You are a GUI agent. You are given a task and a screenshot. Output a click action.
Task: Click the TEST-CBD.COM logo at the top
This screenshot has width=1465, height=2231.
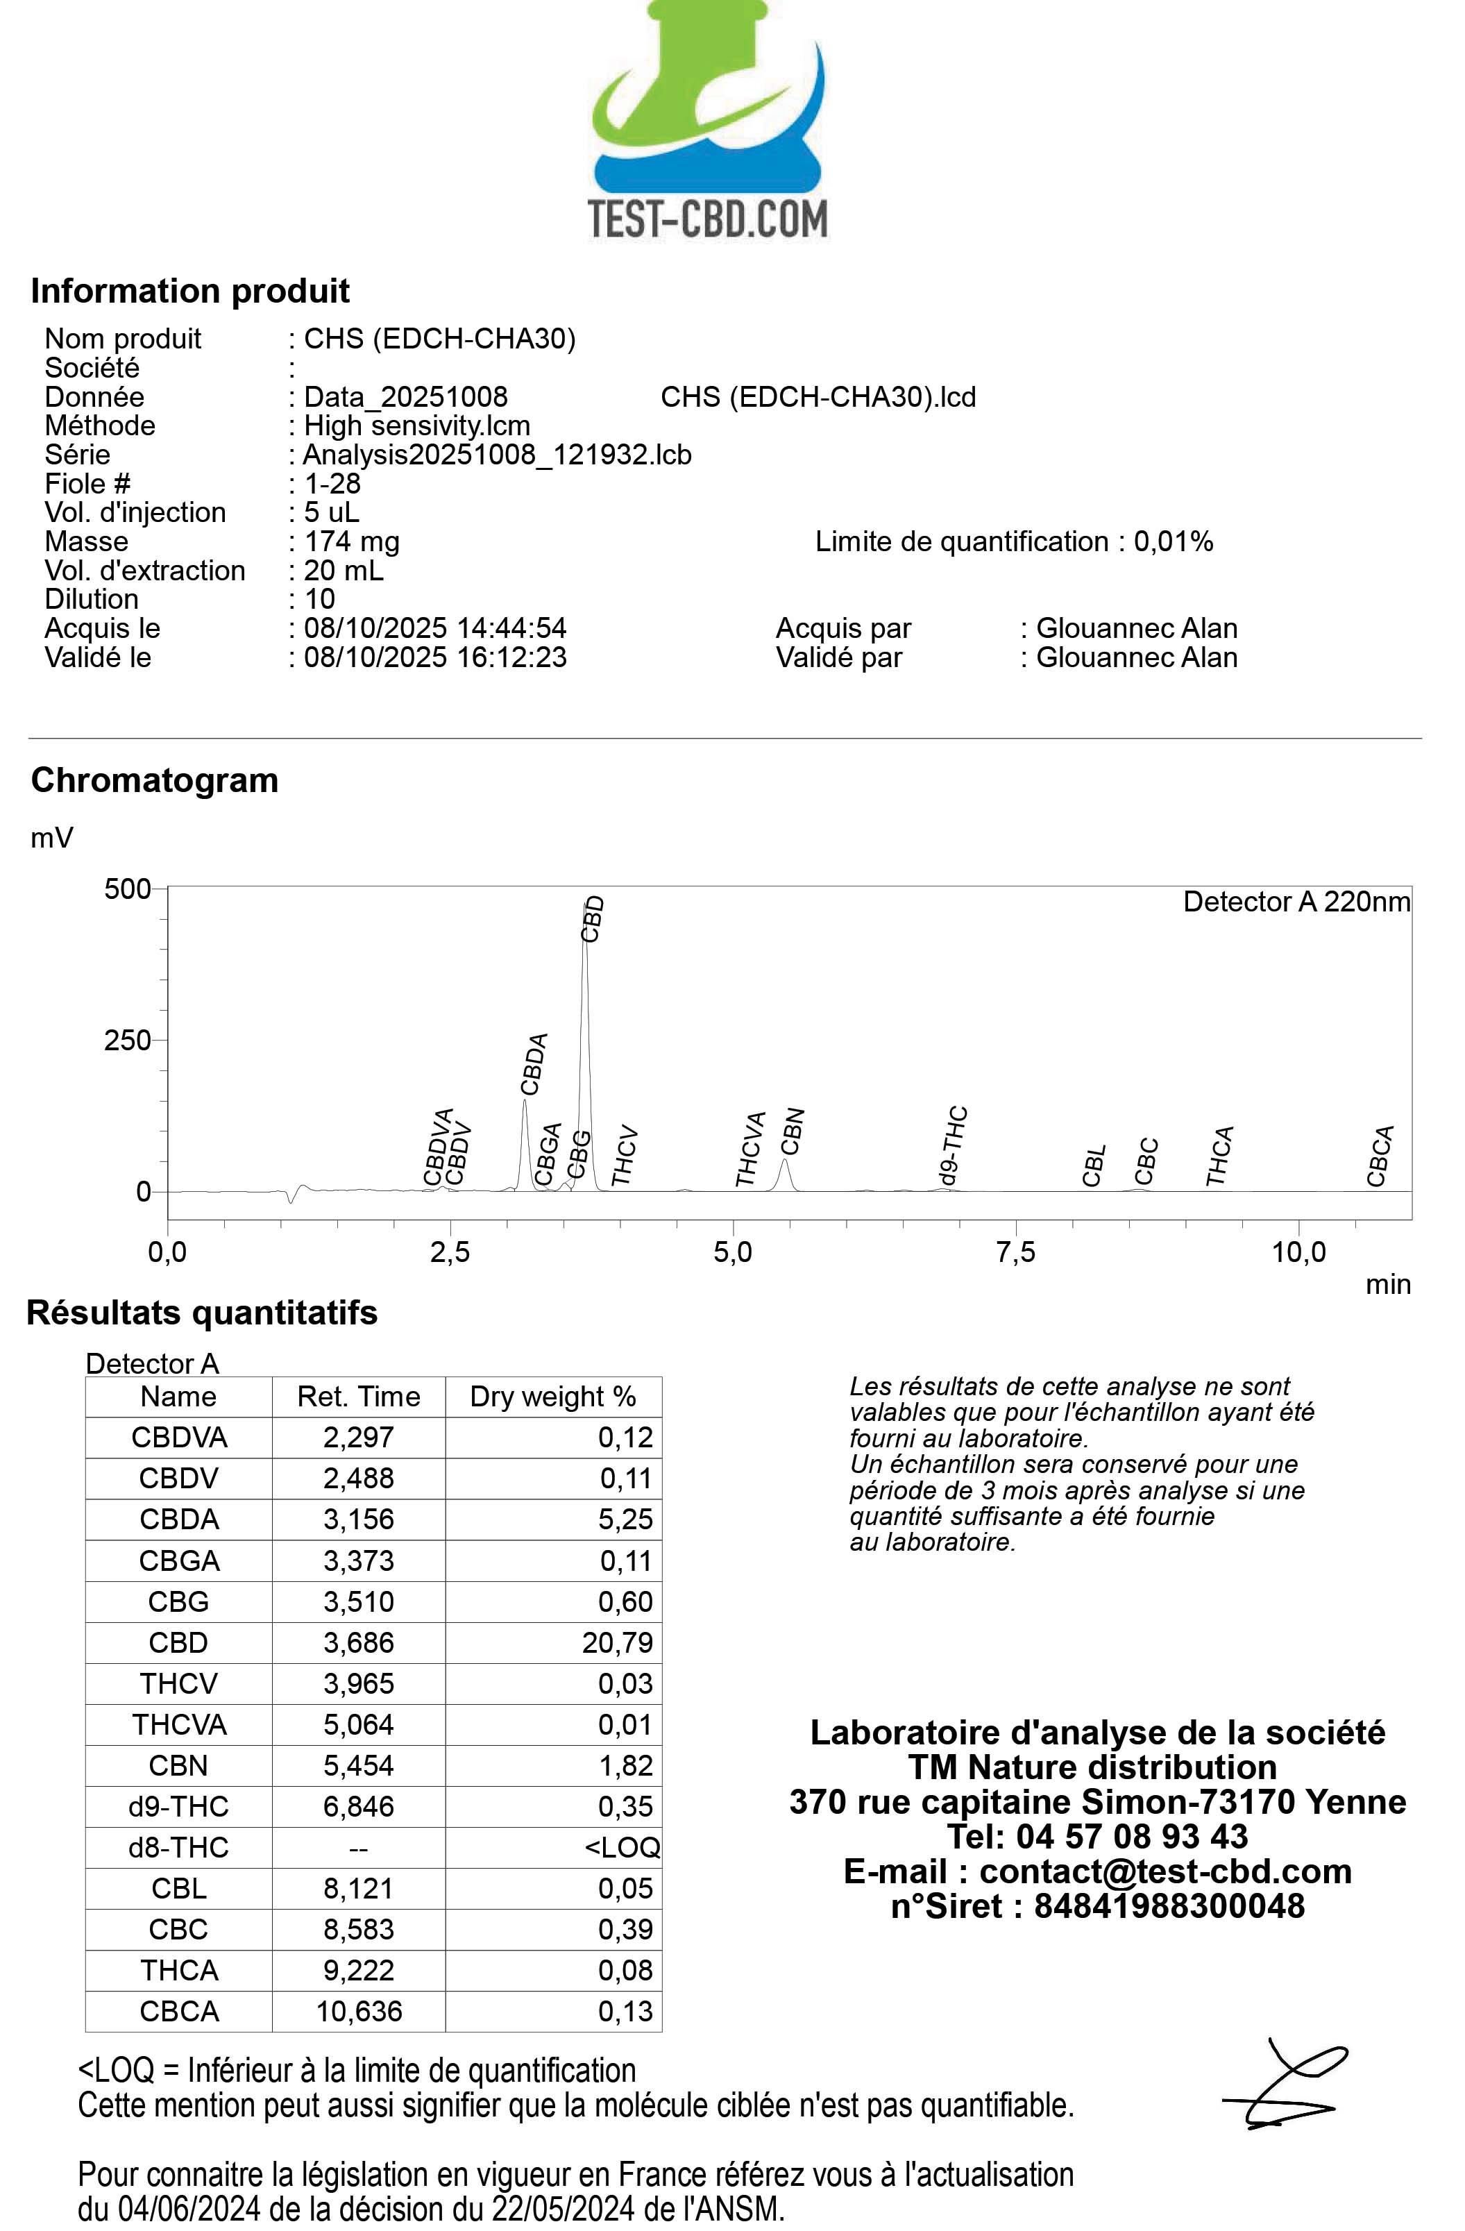(708, 122)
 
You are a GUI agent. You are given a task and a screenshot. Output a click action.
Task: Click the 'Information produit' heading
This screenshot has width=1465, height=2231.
(189, 291)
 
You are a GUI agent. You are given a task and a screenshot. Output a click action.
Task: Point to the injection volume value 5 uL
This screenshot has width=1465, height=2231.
(331, 513)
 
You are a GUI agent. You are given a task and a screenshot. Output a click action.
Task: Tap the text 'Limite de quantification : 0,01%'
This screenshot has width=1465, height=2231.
(1013, 542)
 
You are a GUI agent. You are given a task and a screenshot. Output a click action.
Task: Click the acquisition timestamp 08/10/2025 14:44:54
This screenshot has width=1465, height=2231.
(435, 628)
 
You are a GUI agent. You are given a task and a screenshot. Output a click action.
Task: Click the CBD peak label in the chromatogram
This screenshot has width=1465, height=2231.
(593, 918)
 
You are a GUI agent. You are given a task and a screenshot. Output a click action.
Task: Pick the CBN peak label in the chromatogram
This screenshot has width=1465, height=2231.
(793, 1131)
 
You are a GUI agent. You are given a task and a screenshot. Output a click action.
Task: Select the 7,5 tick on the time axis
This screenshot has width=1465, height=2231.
(1016, 1252)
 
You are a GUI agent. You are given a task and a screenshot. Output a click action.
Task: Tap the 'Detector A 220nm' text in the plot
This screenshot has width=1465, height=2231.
(1296, 902)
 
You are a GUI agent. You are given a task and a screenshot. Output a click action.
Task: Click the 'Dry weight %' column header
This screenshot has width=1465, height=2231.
(553, 1397)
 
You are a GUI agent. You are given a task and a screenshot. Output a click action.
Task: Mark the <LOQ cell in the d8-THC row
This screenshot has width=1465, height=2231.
(621, 1848)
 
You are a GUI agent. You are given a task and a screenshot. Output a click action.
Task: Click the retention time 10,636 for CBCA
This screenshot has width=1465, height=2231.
(359, 2012)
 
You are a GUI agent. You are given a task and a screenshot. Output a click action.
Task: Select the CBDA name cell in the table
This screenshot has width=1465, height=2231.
(178, 1519)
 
